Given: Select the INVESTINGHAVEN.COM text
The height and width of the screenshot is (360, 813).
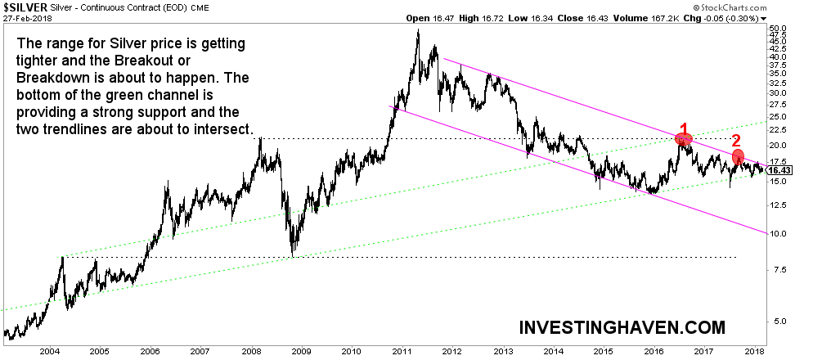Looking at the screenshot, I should tap(622, 327).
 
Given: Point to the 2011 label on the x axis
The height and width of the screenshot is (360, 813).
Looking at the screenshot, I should tap(402, 351).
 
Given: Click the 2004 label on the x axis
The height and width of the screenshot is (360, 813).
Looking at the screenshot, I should tap(50, 351).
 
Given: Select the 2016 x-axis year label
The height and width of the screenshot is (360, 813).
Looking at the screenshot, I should tap(654, 351).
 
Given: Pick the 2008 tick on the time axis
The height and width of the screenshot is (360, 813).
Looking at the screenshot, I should tap(251, 351).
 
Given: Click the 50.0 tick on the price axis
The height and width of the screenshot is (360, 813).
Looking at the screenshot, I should tap(779, 28).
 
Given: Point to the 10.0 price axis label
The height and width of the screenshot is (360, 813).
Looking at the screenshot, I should tap(779, 234).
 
